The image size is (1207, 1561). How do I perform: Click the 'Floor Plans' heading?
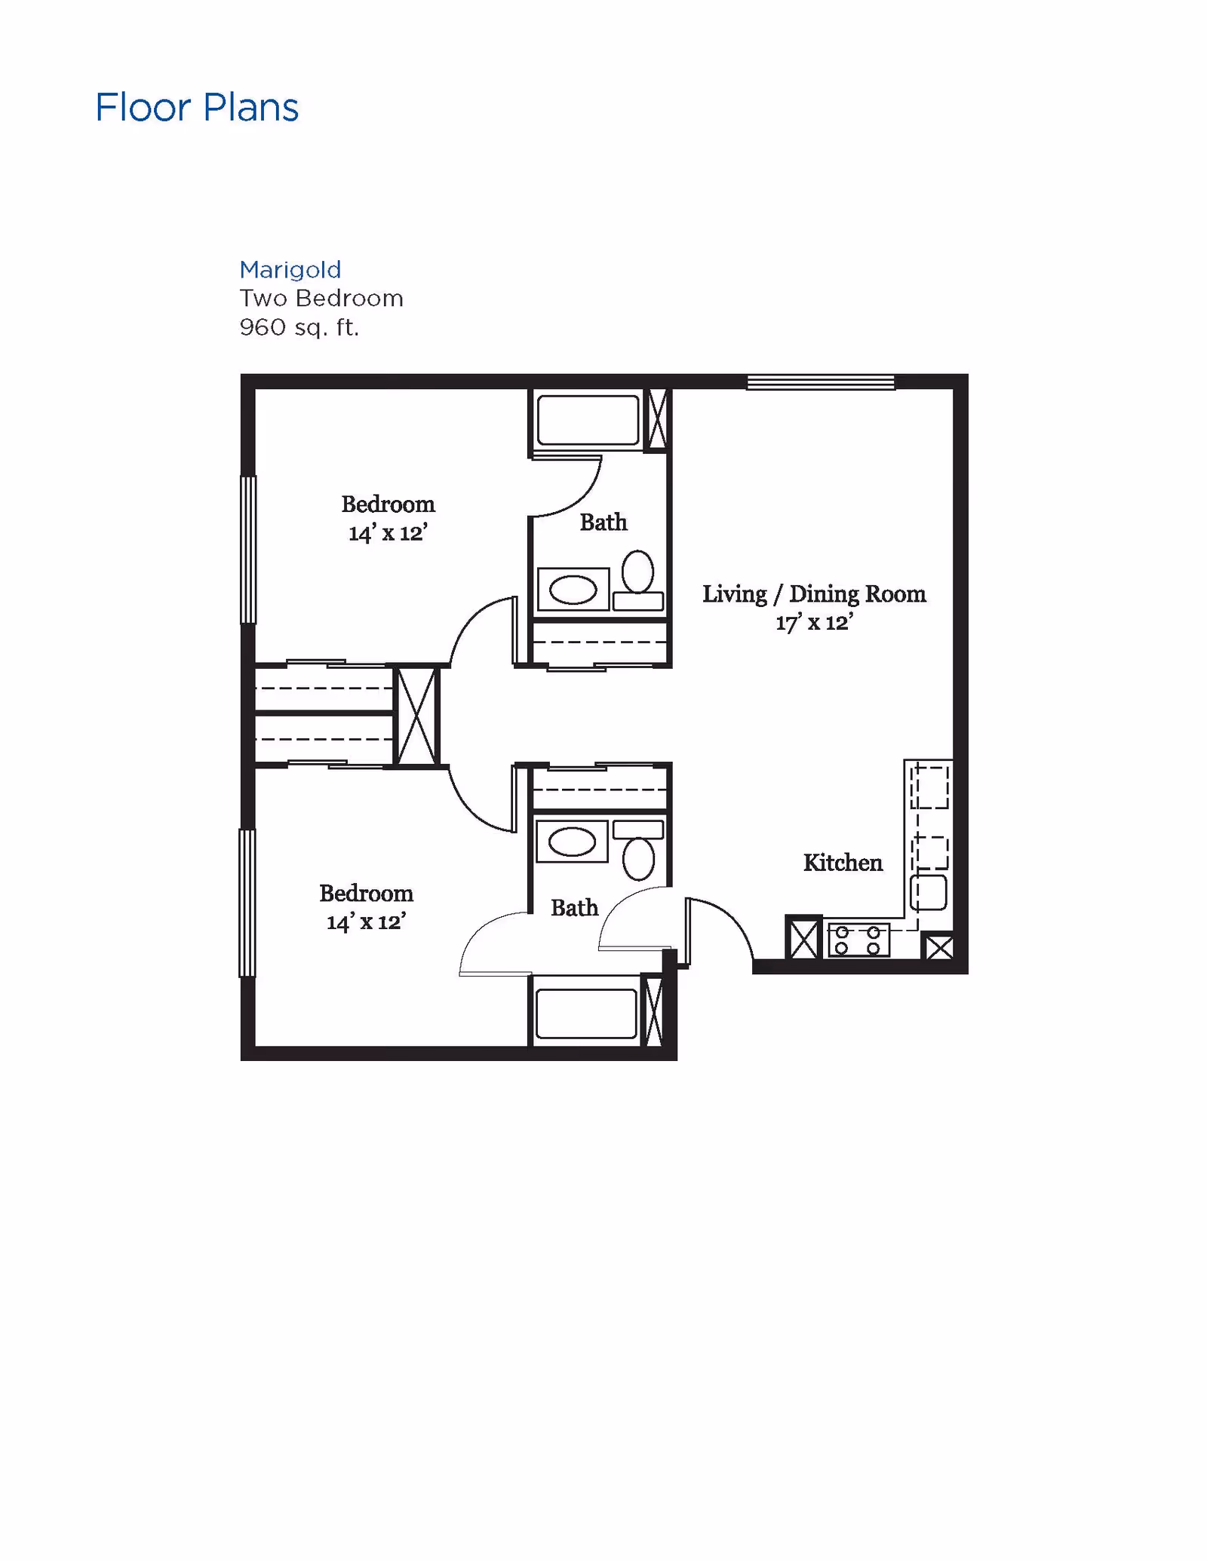197,107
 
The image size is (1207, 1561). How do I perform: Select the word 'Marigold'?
290,269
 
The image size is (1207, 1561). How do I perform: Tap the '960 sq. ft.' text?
299,327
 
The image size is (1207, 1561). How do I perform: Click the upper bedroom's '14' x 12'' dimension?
388,533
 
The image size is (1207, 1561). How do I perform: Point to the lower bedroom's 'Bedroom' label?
366,893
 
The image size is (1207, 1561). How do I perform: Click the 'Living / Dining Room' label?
814,593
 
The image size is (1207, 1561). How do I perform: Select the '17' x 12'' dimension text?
814,623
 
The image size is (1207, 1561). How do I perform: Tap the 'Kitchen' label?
843,862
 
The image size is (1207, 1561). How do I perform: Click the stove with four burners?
858,940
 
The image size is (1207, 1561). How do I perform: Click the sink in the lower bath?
572,842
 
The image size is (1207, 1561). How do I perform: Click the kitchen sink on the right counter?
929,892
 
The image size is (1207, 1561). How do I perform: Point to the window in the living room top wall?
821,382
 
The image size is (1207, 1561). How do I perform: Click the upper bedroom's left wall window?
248,549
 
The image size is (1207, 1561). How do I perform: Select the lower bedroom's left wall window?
247,903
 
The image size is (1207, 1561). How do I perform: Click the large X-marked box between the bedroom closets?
416,716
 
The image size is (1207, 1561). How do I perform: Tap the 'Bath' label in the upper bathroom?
603,522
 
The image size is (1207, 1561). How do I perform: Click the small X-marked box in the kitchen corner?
938,947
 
